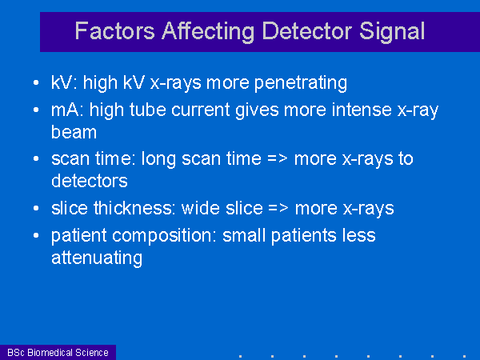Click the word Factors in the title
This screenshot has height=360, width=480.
(x=114, y=31)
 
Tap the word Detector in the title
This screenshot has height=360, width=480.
(x=306, y=31)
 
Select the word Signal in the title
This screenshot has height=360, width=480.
(x=392, y=32)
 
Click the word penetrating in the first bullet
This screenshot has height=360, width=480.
(x=301, y=83)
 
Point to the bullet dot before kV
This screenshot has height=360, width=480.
(x=36, y=82)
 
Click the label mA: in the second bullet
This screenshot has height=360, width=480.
(x=67, y=110)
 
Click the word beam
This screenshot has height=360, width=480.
(x=74, y=132)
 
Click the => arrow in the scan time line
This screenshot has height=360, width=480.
(x=278, y=159)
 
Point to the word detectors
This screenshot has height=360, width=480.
(x=90, y=181)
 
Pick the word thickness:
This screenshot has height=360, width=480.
(x=134, y=208)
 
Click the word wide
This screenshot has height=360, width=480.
(x=201, y=208)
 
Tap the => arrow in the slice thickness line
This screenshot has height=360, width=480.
(x=278, y=209)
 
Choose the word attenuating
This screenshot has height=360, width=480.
(x=97, y=258)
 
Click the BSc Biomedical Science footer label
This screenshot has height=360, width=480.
(x=58, y=353)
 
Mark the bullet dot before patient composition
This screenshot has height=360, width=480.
(x=36, y=235)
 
